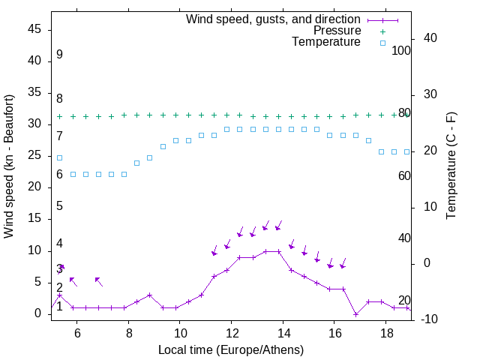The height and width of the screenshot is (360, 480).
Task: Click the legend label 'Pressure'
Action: pos(337,31)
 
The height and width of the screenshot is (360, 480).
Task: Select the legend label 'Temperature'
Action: pos(326,42)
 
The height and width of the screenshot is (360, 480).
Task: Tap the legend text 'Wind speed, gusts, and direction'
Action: pos(274,19)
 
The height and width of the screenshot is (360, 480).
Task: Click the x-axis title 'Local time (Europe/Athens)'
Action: pos(231,350)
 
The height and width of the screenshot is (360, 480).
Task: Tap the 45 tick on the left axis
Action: pos(34,29)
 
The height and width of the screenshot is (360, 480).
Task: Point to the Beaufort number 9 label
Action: pos(59,55)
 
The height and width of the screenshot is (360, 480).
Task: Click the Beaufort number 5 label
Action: pos(59,206)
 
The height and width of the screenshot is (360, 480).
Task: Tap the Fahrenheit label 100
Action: pos(402,50)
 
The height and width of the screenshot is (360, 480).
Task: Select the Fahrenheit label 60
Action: pos(405,175)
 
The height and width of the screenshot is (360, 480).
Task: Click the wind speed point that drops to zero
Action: pos(355,313)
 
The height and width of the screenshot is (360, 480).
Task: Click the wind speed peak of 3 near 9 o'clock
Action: pos(150,295)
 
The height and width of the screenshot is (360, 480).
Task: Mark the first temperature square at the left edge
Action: pos(60,157)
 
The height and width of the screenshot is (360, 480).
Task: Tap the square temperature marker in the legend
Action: pos(382,43)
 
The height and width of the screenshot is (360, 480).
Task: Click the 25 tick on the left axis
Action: pos(34,155)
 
